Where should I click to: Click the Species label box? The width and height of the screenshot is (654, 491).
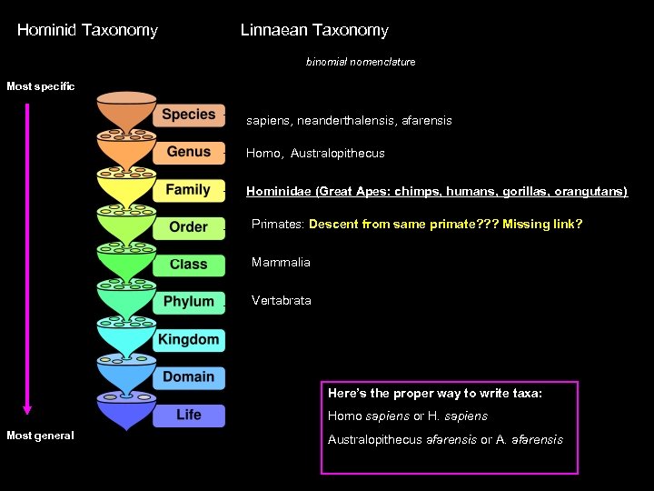pyautogui.click(x=189, y=115)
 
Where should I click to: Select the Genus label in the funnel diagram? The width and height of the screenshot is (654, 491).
pyautogui.click(x=189, y=152)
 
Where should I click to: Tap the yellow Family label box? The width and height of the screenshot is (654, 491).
pyautogui.click(x=188, y=190)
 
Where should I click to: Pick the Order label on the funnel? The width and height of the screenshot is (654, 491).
pyautogui.click(x=188, y=227)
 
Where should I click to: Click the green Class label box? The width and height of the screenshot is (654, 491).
pyautogui.click(x=188, y=265)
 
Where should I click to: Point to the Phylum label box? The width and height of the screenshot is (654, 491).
pyautogui.click(x=188, y=302)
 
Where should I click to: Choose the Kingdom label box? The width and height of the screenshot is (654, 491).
pyautogui.click(x=188, y=340)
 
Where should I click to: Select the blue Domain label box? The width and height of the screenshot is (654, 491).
pyautogui.click(x=188, y=377)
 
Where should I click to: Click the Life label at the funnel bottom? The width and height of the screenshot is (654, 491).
pyautogui.click(x=188, y=415)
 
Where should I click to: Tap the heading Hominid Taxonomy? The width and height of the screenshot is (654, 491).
pyautogui.click(x=87, y=30)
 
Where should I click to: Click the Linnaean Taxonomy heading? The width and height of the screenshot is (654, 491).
pyautogui.click(x=314, y=30)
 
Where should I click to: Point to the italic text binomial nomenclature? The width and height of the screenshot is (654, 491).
pyautogui.click(x=361, y=62)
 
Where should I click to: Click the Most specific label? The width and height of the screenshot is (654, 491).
pyautogui.click(x=40, y=86)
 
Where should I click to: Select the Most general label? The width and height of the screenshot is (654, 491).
pyautogui.click(x=40, y=436)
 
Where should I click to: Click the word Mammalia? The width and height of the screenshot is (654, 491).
pyautogui.click(x=281, y=263)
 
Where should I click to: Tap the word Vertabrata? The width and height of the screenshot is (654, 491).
pyautogui.click(x=281, y=300)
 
